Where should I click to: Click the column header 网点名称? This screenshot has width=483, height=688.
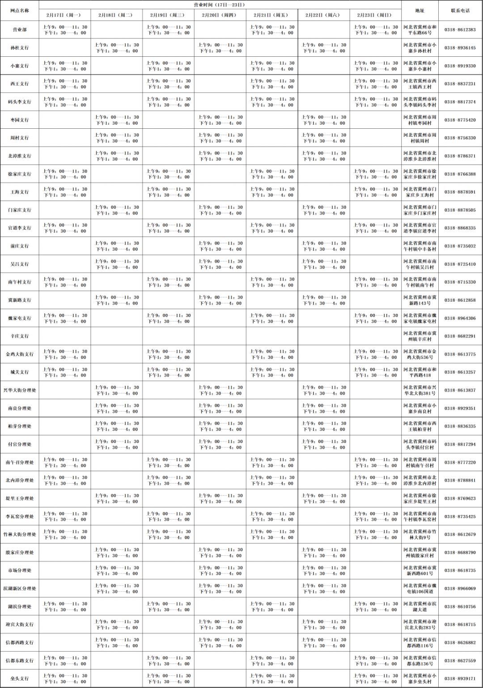(x=20, y=10)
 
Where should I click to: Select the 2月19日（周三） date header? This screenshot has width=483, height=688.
(x=168, y=15)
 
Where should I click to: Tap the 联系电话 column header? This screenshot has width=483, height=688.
(x=460, y=10)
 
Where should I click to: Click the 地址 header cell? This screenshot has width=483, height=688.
(x=419, y=10)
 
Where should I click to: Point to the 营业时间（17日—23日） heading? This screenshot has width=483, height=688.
(x=220, y=5)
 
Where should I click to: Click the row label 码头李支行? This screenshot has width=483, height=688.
(x=20, y=102)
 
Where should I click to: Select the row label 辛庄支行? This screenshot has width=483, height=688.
(x=20, y=336)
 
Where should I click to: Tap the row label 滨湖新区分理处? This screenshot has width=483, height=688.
(x=20, y=589)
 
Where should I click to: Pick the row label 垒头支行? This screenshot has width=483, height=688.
(x=20, y=679)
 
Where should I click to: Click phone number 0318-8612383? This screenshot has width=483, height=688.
(x=460, y=30)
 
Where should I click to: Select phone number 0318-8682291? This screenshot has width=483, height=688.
(x=460, y=336)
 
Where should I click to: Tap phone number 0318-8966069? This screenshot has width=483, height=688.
(x=460, y=589)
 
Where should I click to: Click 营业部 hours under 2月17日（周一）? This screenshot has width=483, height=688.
(x=65, y=30)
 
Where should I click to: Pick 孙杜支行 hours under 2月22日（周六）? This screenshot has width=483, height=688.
(x=324, y=48)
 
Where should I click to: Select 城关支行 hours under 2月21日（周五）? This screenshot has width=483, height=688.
(x=272, y=372)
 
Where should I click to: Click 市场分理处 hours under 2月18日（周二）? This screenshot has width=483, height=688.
(x=117, y=570)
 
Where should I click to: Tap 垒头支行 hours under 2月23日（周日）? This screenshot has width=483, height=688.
(x=376, y=679)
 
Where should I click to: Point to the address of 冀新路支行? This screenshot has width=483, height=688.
(x=419, y=300)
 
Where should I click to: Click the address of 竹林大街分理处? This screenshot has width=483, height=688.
(x=419, y=535)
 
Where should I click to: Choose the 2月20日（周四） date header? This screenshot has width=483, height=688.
(x=220, y=15)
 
